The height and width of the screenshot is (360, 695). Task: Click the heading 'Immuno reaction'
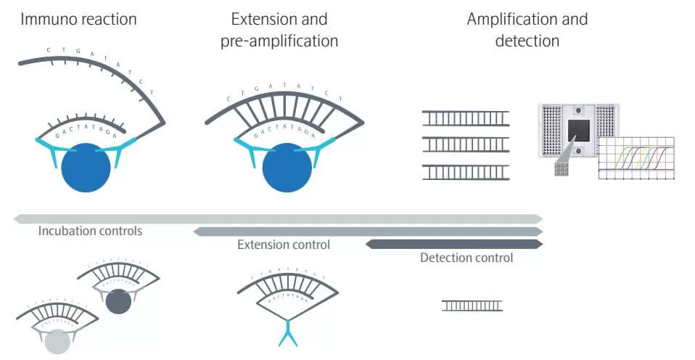point(78,19)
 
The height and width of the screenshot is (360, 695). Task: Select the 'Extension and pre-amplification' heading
point(279,30)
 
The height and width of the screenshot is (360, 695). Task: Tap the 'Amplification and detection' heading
point(527,30)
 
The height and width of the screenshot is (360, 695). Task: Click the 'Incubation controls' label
point(90,232)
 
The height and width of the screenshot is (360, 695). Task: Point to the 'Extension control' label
point(284,245)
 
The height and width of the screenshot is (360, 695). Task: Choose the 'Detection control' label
point(466,258)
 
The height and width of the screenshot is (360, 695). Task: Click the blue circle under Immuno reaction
point(86,168)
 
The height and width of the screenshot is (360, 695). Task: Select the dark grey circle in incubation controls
point(118,300)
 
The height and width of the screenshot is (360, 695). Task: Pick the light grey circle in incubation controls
point(57,340)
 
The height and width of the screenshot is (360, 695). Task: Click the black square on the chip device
point(578,131)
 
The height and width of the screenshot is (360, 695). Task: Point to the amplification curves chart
point(636,158)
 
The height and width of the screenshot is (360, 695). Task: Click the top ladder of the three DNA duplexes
point(465,118)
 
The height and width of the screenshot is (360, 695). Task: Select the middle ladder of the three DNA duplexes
point(465,144)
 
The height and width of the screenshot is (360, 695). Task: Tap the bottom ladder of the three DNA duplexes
point(465,172)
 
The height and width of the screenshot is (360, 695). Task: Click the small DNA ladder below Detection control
point(472,306)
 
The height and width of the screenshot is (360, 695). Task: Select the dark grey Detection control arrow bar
point(453,244)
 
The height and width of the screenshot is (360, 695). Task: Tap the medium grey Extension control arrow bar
point(367,232)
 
